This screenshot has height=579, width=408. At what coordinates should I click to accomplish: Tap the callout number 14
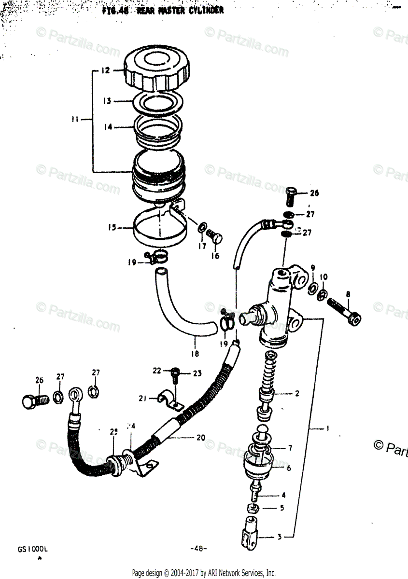pos(108,127)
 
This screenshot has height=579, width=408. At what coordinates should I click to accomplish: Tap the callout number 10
pos(324,276)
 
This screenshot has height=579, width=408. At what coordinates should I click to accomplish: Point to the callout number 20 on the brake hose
pos(200,438)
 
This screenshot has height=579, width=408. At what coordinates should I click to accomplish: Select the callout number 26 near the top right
pos(314,194)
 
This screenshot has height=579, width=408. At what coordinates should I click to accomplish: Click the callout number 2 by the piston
pos(296,393)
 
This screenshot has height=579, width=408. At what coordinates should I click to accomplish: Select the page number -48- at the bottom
pos(198,549)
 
